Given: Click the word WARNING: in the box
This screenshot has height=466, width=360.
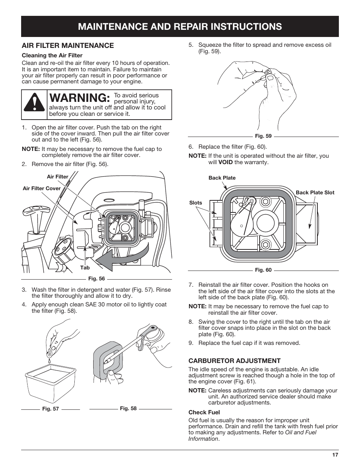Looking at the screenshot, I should (80, 98).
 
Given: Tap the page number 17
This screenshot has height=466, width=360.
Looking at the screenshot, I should (335, 455).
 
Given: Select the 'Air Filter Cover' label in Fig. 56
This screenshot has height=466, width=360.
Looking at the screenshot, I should (42, 188).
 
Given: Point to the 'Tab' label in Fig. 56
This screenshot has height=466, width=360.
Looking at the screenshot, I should (85, 268).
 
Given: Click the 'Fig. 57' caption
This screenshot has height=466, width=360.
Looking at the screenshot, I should (51, 409).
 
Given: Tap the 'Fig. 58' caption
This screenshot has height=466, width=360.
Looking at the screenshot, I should (128, 408).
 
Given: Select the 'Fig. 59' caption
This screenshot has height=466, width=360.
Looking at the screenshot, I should (263, 136).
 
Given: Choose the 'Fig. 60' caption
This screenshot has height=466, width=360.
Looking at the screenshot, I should (263, 270).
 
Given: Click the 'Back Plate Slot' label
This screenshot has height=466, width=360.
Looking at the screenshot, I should (315, 192).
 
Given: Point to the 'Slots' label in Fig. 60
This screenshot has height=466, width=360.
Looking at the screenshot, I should (195, 203).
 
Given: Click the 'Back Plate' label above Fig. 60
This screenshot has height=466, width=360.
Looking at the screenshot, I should (222, 178).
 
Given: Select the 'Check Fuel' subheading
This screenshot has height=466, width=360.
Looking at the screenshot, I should (204, 412).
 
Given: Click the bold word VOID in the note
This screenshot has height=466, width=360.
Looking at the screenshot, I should (225, 162).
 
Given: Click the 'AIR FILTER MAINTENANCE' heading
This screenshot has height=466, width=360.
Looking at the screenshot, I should (68, 46).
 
